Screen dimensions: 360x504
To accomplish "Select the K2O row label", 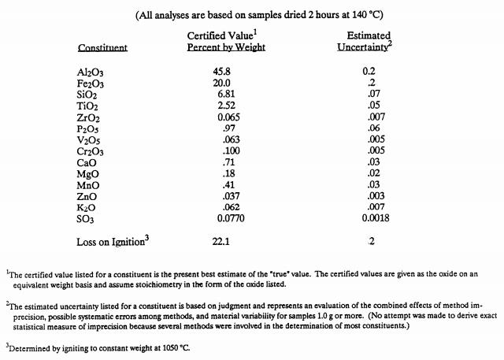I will tap(87, 205).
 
